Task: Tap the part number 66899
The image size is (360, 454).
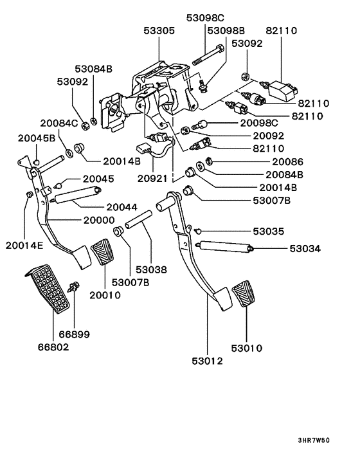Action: (74, 334)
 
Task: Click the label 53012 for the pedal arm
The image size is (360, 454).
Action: (207, 361)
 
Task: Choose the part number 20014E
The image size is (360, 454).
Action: (25, 245)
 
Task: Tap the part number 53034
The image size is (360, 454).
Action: (308, 248)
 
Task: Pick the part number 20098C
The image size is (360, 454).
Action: (259, 123)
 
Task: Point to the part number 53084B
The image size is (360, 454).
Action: (93, 68)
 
